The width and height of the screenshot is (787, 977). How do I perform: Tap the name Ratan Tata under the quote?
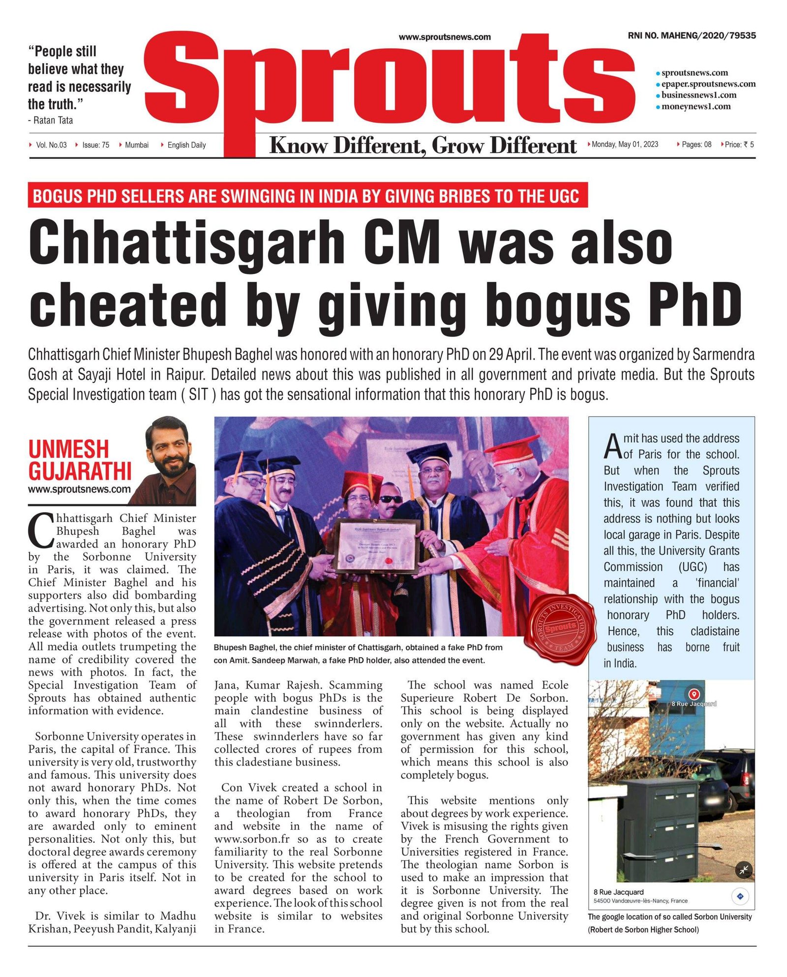click(53, 120)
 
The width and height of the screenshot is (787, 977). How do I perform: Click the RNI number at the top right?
click(692, 35)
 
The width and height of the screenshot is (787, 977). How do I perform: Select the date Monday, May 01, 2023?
click(625, 144)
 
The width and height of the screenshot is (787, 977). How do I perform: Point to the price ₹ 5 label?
click(739, 145)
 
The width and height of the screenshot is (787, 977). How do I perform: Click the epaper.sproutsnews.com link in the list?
click(708, 84)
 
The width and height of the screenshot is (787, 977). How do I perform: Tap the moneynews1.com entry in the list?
click(696, 106)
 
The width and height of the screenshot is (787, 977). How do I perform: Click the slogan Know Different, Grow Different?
click(423, 146)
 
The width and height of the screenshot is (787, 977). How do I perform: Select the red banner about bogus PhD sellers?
click(307, 196)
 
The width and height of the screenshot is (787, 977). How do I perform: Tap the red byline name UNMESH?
click(68, 449)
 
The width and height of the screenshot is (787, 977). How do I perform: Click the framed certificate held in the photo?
click(377, 546)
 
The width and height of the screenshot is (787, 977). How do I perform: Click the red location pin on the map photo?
click(694, 694)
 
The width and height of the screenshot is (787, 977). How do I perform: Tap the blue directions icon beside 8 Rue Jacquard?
click(740, 896)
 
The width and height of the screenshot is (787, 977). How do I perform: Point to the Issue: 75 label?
click(95, 145)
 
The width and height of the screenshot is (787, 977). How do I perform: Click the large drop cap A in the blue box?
click(613, 446)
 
